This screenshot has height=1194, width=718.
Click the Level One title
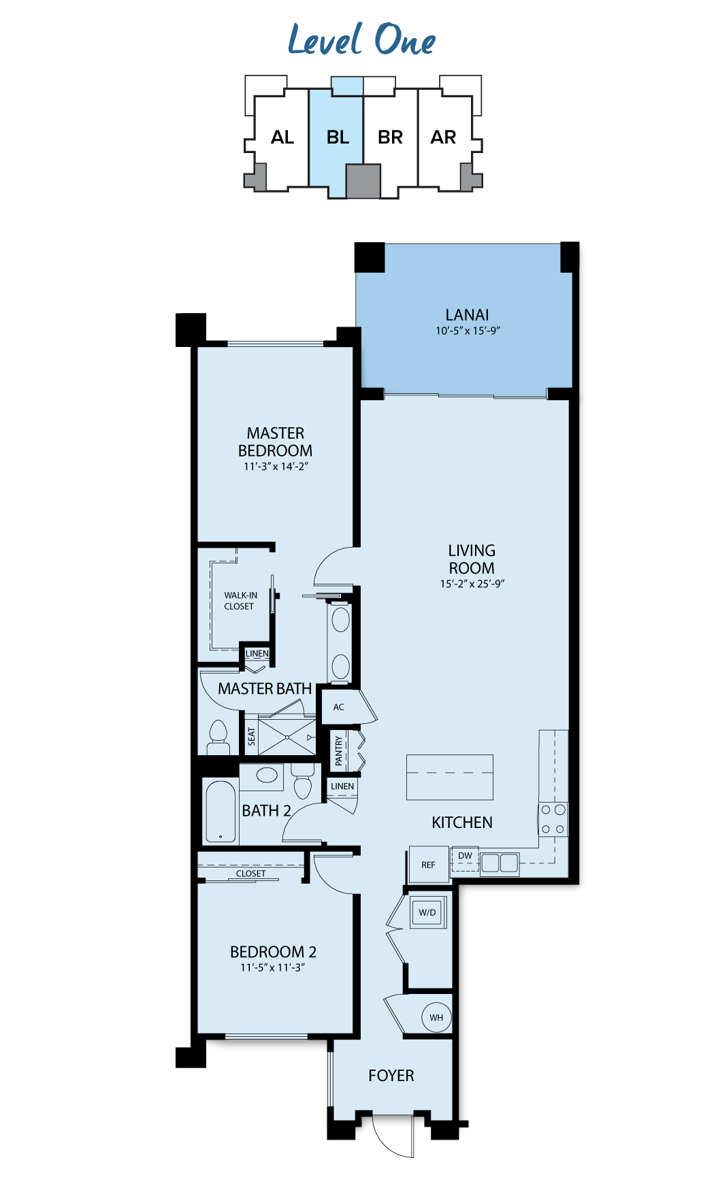pos(361,39)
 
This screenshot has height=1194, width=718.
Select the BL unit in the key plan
pos(336,137)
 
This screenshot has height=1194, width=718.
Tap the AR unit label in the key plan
pos(443,137)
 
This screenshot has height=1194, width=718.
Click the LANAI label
pos(467,315)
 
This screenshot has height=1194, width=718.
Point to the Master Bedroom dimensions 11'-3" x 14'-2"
pos(276,467)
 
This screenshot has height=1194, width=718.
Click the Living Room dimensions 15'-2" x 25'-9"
pos(472,584)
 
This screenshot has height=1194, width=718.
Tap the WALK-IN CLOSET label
pos(240,601)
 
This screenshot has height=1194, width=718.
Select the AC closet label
pos(339,708)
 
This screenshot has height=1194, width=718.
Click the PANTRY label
pos(339,751)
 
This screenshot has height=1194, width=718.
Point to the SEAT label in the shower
pos(251,737)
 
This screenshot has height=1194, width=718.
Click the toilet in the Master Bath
pos(218,737)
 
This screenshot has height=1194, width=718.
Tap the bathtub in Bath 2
pos(221,812)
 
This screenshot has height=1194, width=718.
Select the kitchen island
pos(450,777)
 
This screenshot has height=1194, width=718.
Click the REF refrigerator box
pos(428,865)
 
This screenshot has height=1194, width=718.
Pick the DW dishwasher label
pos(465,856)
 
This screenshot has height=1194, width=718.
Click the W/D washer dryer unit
pos(427,912)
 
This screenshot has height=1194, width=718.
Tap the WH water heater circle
pos(436,1018)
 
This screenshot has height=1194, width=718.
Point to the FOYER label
pos(391,1076)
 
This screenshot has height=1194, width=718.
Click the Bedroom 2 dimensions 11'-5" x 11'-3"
pos(273,967)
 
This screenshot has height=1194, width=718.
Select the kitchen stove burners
pos(553,820)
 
